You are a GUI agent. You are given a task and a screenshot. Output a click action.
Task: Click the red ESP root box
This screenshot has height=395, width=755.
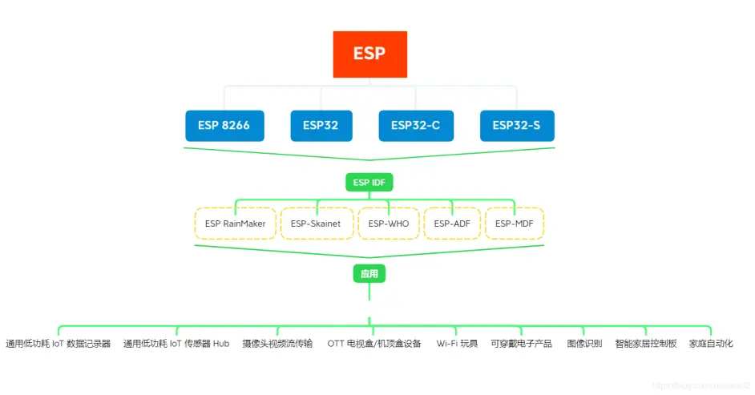click(369, 54)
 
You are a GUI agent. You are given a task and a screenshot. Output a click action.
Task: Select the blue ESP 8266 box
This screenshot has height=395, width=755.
click(224, 125)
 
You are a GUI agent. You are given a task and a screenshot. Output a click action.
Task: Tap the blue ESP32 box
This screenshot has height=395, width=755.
click(321, 125)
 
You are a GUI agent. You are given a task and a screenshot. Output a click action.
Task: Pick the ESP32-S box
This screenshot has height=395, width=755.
click(516, 125)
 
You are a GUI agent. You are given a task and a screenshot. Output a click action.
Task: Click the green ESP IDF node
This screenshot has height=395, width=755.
click(369, 183)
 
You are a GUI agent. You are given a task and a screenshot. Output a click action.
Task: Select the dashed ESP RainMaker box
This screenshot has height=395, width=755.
click(235, 224)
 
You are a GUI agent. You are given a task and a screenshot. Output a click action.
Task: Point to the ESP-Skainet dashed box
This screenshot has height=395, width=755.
click(316, 224)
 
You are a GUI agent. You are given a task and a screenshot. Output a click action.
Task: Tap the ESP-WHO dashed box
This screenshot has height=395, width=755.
click(388, 224)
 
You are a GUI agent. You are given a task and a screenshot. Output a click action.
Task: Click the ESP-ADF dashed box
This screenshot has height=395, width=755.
click(452, 224)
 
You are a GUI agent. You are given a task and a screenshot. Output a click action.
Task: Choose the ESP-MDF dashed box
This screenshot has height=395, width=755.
click(515, 224)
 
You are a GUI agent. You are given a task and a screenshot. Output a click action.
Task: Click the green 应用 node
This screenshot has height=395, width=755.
click(369, 274)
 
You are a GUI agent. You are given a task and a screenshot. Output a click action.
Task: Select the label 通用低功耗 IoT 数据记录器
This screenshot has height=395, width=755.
click(59, 344)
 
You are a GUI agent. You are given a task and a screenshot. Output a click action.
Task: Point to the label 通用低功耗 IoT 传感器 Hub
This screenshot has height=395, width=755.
click(176, 344)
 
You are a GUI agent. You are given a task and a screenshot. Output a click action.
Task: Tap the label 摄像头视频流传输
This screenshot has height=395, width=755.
click(277, 344)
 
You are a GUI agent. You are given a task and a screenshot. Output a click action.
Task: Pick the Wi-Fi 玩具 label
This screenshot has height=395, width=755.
click(457, 344)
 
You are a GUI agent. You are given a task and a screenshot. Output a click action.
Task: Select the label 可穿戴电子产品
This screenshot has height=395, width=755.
click(521, 344)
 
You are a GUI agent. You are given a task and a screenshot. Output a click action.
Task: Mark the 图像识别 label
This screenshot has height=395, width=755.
click(584, 344)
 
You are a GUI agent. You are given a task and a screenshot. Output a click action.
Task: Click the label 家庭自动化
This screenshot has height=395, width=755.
click(711, 344)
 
